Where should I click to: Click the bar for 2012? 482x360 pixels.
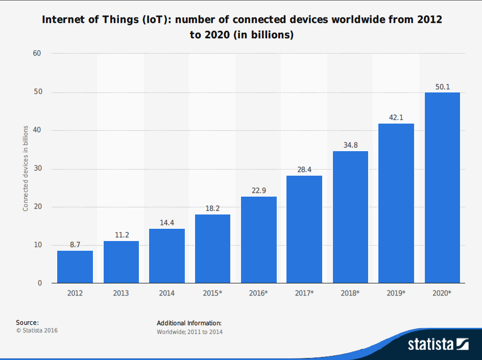[75, 267]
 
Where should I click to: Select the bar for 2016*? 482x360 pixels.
[259, 239]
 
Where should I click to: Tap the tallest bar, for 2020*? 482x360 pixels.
[442, 187]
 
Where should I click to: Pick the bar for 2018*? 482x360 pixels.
[350, 217]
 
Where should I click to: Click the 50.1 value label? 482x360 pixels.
[442, 87]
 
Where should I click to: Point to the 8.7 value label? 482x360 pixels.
[75, 245]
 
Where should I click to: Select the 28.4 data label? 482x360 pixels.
[304, 170]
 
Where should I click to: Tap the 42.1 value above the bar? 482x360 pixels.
[396, 117]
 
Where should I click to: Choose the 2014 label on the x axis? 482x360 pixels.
[166, 293]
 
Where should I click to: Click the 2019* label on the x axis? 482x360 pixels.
[396, 293]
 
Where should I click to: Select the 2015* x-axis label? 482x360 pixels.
[213, 293]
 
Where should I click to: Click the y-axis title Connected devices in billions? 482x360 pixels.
[26, 169]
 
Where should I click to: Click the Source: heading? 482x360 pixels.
[27, 322]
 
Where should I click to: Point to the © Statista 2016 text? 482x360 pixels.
[37, 330]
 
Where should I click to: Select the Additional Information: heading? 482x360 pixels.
[189, 323]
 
